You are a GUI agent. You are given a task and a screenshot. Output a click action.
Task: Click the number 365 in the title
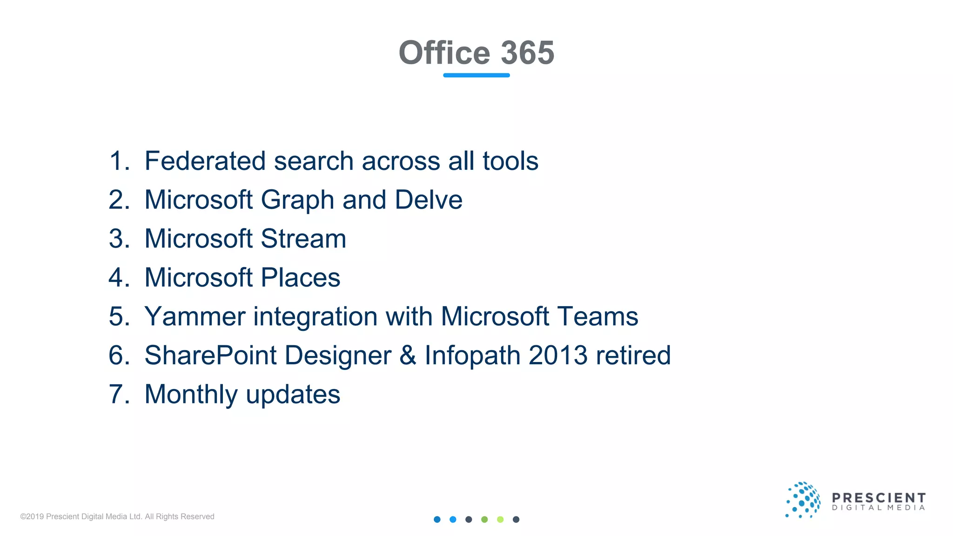(527, 53)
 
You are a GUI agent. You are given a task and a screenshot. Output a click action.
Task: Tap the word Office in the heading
(444, 53)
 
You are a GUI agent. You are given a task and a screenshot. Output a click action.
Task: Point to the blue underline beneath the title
(476, 75)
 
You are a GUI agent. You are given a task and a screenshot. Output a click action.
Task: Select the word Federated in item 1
(205, 161)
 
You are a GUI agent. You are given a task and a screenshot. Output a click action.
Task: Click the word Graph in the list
(298, 201)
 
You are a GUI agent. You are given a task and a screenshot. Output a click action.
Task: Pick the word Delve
(429, 200)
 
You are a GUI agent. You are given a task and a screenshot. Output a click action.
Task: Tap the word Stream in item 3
(303, 239)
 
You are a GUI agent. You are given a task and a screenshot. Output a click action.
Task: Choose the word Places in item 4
(301, 278)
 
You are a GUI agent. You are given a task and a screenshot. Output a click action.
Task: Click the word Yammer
(195, 317)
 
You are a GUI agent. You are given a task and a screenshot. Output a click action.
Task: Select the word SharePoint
(211, 356)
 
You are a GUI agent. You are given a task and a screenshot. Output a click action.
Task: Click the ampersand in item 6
(408, 356)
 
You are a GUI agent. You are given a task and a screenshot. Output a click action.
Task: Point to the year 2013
(558, 356)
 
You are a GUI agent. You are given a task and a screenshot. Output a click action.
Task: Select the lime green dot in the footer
(500, 520)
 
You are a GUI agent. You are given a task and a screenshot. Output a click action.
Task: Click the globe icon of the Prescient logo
(803, 500)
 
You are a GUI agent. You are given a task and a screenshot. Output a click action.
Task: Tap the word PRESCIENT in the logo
(879, 498)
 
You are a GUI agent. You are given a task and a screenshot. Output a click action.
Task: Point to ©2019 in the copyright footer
(32, 516)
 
